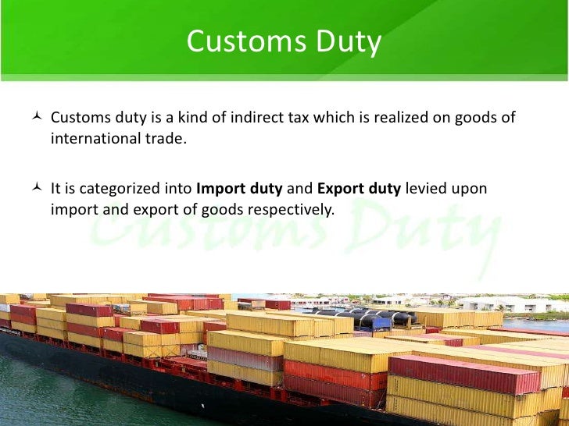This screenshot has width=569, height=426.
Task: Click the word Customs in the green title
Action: coord(236,42)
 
